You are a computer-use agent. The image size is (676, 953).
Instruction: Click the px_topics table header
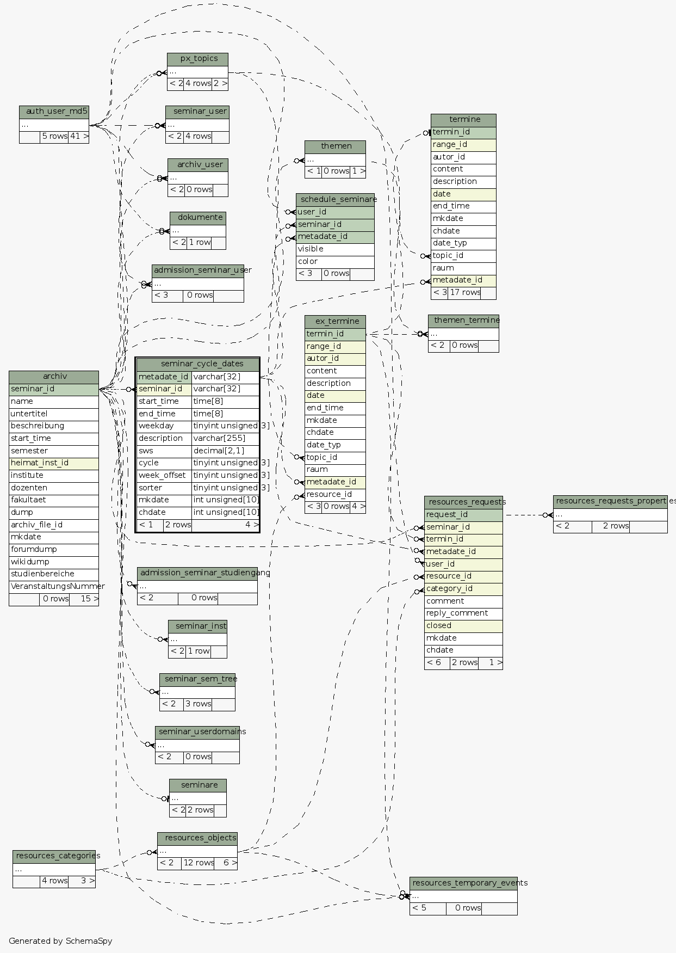pyautogui.click(x=197, y=59)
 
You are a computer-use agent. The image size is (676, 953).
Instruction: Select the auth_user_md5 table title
pyautogui.click(x=54, y=112)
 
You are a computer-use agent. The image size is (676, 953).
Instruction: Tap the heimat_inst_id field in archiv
pyautogui.click(x=53, y=463)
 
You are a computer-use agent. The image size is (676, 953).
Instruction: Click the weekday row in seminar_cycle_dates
pyautogui.click(x=164, y=426)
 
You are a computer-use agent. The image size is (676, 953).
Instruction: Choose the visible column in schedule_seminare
pyautogui.click(x=335, y=249)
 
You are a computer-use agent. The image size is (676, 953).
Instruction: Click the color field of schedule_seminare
pyautogui.click(x=335, y=262)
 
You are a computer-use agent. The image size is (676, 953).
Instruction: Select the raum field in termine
pyautogui.click(x=463, y=268)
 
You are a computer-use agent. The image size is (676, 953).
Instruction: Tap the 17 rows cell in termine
pyautogui.click(x=464, y=293)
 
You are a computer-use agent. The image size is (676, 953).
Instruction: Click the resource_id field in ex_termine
pyautogui.click(x=335, y=495)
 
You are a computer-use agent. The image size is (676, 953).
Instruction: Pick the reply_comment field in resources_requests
pyautogui.click(x=463, y=613)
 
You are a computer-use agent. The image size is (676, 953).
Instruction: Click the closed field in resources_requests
pyautogui.click(x=463, y=626)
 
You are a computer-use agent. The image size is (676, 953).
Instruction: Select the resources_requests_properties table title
pyautogui.click(x=610, y=501)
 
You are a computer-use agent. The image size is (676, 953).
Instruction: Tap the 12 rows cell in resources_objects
pyautogui.click(x=198, y=863)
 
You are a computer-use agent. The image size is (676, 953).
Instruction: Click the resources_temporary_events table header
pyautogui.click(x=463, y=883)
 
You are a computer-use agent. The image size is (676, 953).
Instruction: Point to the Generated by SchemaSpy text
pyautogui.click(x=60, y=941)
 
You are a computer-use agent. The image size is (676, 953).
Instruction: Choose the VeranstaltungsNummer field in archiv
pyautogui.click(x=53, y=587)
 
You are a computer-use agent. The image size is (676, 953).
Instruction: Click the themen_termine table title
pyautogui.click(x=463, y=321)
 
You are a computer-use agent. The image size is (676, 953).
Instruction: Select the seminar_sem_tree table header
pyautogui.click(x=197, y=679)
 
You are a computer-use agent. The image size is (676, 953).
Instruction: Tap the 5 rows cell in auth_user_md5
pyautogui.click(x=54, y=137)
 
